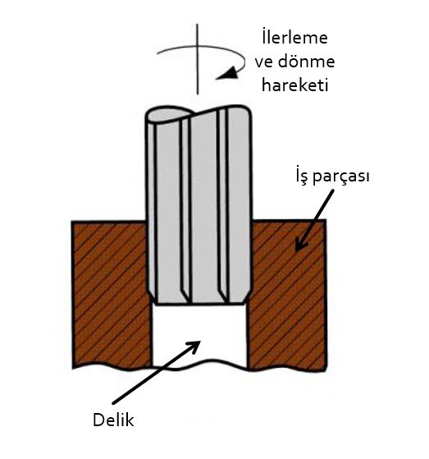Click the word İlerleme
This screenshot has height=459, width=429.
pos(294,37)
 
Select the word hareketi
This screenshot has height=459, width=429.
pos(294,85)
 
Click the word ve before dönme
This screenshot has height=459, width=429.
pos(264,62)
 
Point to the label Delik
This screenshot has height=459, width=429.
pos(113,420)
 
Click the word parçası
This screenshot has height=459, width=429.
pos(341,177)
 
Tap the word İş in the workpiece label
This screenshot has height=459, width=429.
pos(302,176)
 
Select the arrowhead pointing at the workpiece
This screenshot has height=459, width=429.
pos(300,244)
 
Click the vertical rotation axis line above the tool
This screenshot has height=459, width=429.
pos(197,59)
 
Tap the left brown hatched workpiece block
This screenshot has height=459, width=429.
pos(112,295)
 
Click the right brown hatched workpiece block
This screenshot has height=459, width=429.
pos(287,295)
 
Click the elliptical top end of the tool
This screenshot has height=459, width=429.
pos(169,115)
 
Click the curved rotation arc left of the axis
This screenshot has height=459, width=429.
pos(176,48)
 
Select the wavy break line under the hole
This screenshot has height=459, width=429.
pos(199,365)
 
